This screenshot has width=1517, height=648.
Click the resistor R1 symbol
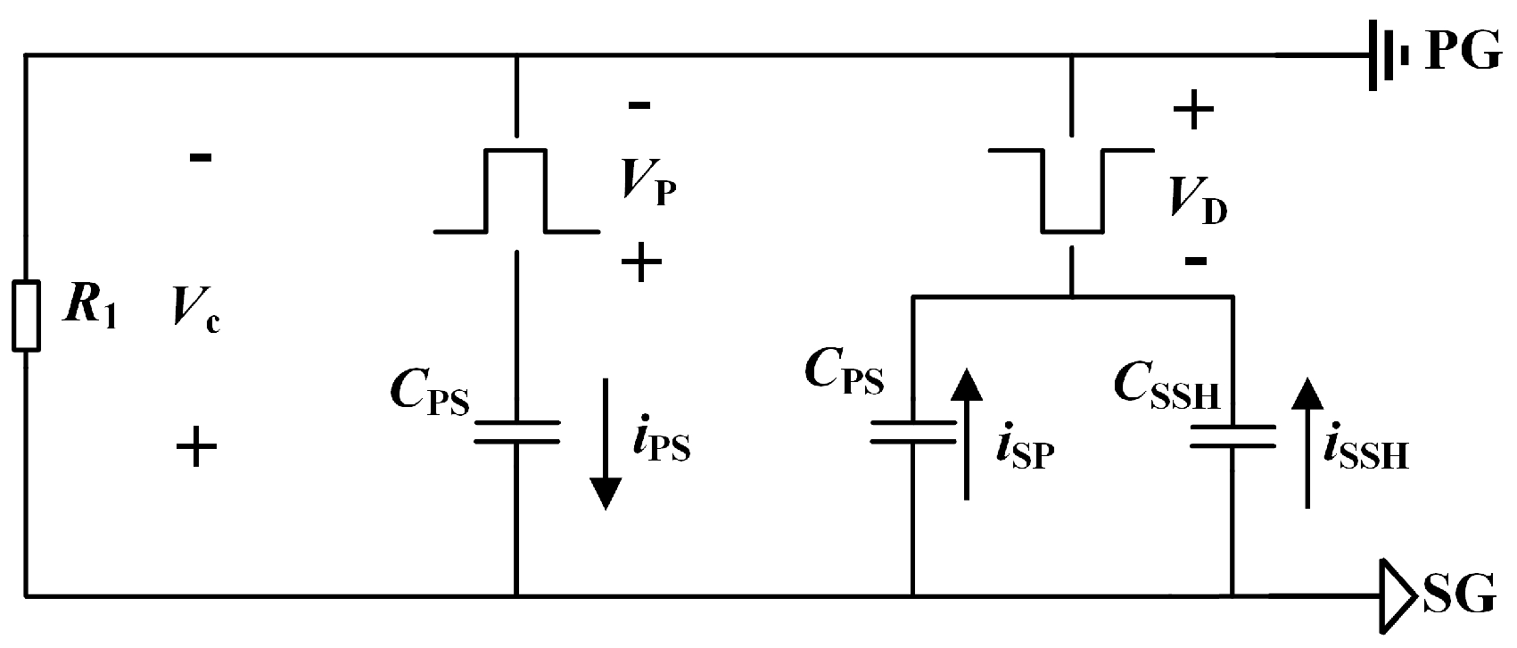26,316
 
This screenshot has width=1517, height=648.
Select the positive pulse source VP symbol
515,191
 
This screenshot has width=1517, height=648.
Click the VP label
649,186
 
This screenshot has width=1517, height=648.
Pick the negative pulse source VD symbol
1072,191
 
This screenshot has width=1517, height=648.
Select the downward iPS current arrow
606,444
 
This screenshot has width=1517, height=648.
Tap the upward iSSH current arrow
1307,442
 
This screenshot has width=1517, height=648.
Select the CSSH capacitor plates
1233,436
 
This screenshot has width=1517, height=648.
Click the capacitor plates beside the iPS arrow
515,432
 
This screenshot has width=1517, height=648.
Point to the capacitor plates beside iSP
912,432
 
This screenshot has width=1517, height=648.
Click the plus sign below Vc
197,445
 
